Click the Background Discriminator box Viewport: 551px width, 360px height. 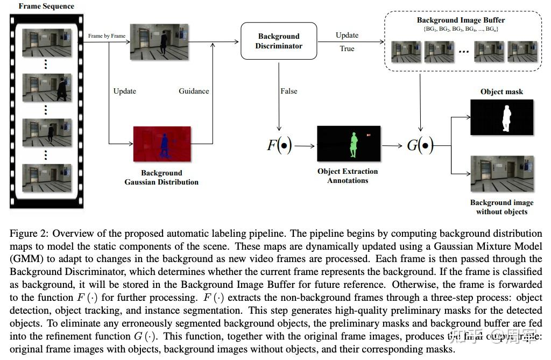click(x=279, y=41)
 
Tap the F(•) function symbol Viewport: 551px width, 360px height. click(x=279, y=145)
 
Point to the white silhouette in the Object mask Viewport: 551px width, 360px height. click(x=505, y=118)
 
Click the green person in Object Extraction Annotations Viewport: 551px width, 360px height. click(x=353, y=144)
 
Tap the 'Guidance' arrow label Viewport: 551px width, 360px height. click(x=194, y=91)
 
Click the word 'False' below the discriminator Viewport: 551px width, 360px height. click(x=289, y=91)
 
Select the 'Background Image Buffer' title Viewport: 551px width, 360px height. click(x=461, y=20)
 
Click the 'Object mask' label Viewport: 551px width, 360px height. click(x=501, y=91)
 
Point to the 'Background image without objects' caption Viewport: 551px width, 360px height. click(x=501, y=207)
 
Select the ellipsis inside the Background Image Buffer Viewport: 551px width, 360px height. click(x=464, y=52)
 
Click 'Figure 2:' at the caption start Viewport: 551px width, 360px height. click(x=26, y=234)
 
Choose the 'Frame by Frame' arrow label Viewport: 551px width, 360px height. click(x=107, y=36)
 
